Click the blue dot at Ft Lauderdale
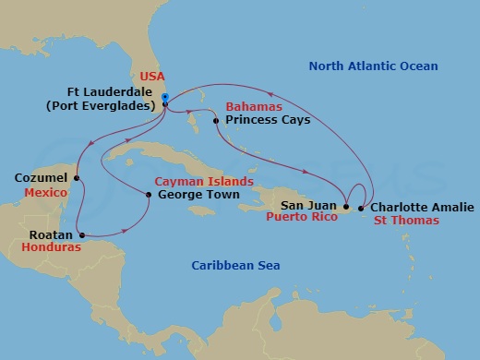point(163,96)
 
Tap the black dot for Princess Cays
point(215,121)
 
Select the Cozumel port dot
point(77,178)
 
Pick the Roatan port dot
point(80,234)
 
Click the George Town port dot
point(149,194)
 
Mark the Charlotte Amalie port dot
point(360,208)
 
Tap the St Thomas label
point(405,222)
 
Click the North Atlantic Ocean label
point(373,66)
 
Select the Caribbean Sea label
point(235,266)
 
